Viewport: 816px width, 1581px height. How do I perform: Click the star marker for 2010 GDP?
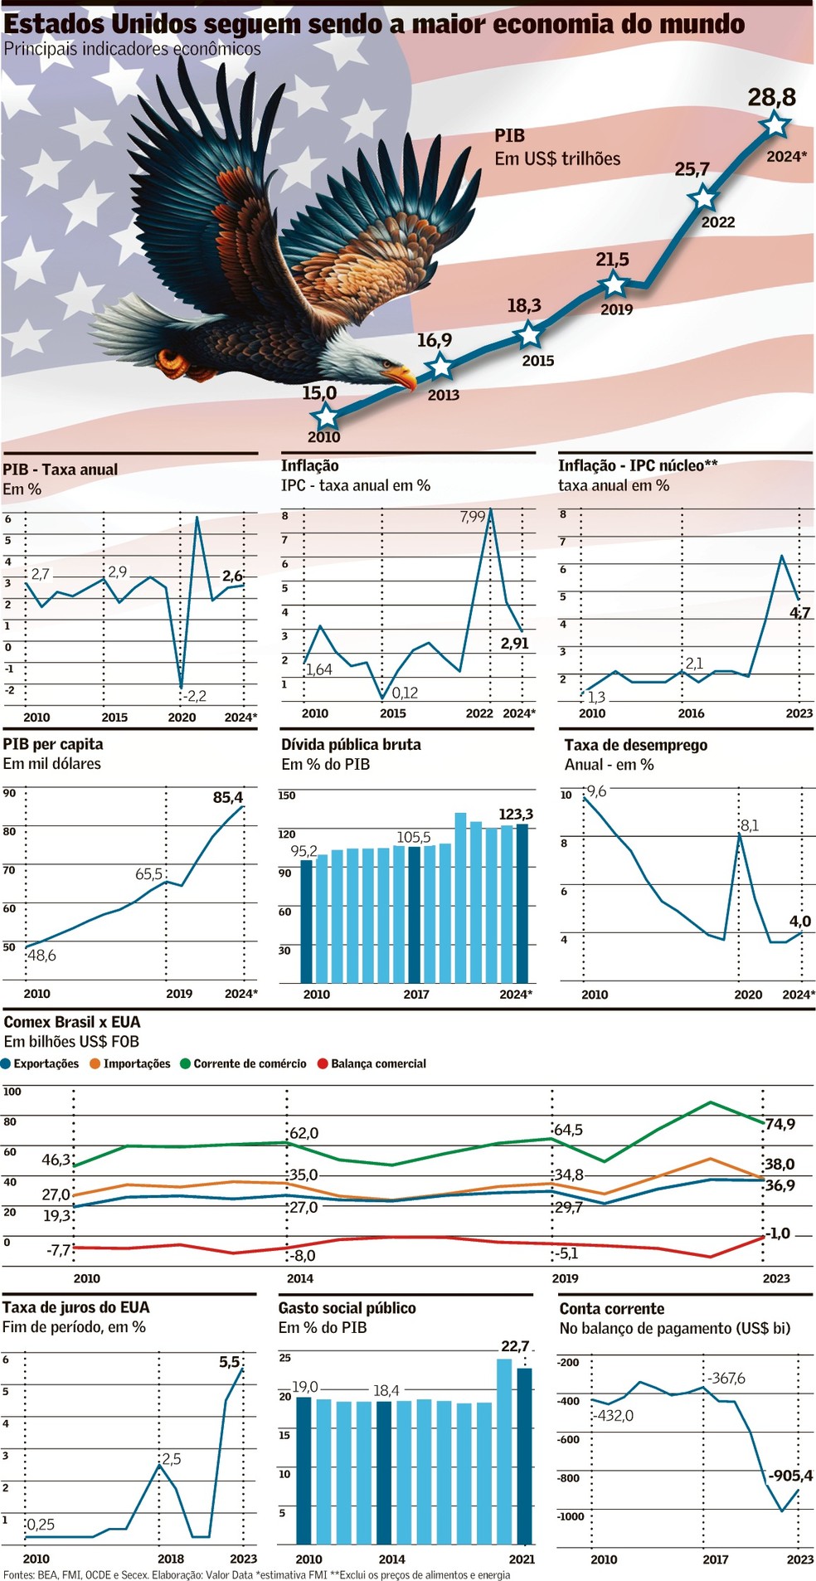point(326,416)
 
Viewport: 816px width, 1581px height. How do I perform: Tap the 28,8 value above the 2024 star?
point(771,98)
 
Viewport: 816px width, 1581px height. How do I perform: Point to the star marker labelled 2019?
point(614,285)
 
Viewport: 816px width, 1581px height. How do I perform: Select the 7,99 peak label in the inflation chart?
point(473,517)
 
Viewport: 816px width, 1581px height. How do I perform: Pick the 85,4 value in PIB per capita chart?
point(228,798)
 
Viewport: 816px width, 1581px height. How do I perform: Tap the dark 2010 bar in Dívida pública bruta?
point(307,921)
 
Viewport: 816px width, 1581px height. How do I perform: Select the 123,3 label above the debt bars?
point(516,815)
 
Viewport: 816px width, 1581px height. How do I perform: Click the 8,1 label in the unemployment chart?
point(750,825)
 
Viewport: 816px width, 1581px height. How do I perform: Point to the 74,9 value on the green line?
point(780,1124)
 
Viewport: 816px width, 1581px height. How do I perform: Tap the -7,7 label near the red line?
point(59,1249)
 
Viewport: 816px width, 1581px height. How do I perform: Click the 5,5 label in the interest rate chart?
point(229,1362)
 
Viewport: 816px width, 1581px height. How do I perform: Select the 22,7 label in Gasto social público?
point(515,1346)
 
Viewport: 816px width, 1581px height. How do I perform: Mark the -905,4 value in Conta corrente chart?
point(790,1476)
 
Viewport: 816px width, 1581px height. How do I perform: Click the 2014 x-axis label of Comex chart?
point(300,1278)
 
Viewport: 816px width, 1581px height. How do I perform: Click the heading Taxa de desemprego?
point(636,745)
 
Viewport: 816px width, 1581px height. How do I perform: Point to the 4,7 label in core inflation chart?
point(800,613)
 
